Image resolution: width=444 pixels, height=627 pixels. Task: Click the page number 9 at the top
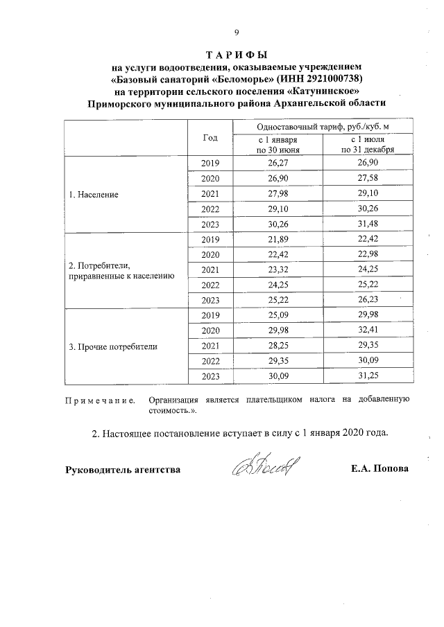pos(237,32)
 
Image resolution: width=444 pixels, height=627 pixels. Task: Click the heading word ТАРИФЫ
pos(237,55)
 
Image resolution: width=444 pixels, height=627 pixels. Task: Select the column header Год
pos(210,137)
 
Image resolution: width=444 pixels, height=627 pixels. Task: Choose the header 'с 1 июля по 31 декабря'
pos(367,144)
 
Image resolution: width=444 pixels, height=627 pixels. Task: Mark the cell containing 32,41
pos(367,330)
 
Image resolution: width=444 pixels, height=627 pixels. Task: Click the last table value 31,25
pos(367,376)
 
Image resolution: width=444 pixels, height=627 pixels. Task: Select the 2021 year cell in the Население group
pos(210,194)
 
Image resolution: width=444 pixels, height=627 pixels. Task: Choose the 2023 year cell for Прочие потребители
pos(210,376)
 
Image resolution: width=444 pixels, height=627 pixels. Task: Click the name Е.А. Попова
pos(380,469)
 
